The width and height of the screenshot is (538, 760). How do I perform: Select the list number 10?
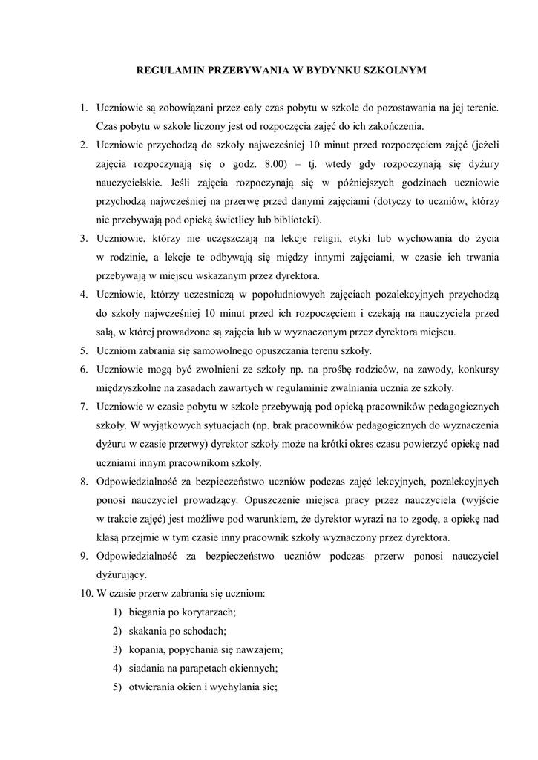pos(85,594)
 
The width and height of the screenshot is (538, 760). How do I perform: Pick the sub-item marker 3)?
pos(117,649)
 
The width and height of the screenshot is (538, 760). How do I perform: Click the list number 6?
pos(84,369)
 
